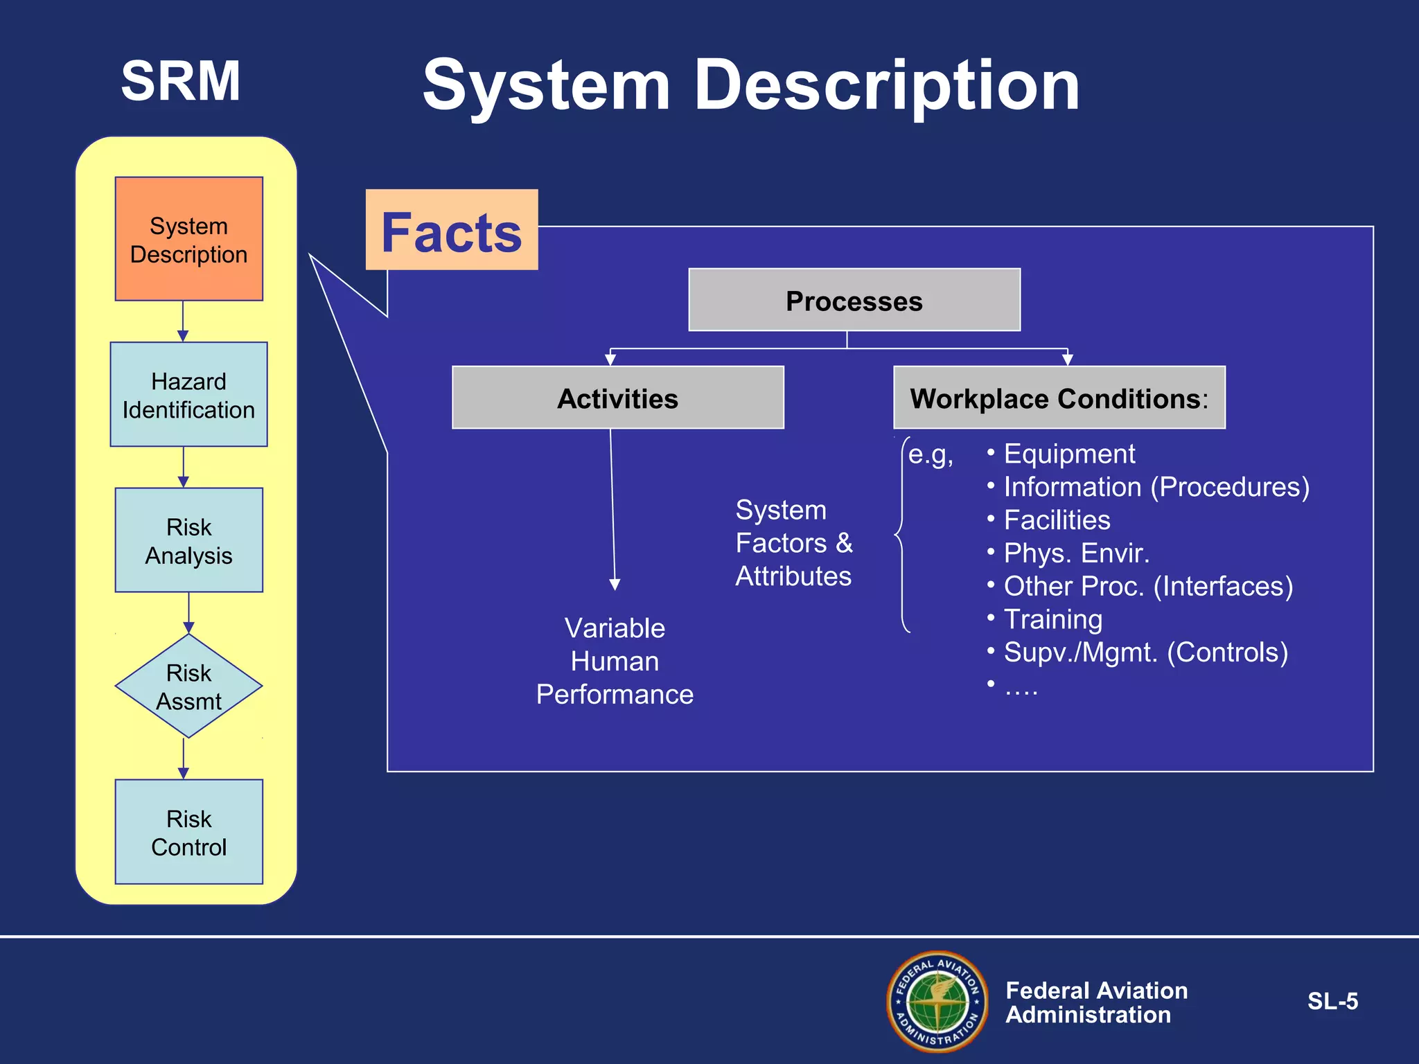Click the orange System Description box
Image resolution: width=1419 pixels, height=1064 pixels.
pyautogui.click(x=188, y=239)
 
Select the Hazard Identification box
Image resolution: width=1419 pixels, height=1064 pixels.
pyautogui.click(x=188, y=395)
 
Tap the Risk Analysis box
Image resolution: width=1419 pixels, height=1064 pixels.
pyautogui.click(x=188, y=540)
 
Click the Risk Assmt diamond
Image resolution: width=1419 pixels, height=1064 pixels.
pyautogui.click(x=188, y=686)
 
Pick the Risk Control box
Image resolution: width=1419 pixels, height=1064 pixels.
pyautogui.click(x=188, y=832)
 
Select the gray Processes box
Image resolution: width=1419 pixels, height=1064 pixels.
pyautogui.click(x=854, y=301)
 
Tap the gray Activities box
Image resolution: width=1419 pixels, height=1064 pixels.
pyautogui.click(x=617, y=398)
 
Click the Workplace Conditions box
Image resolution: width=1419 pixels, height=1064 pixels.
pyautogui.click(x=1059, y=398)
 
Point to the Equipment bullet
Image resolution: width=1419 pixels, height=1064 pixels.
pyautogui.click(x=1068, y=454)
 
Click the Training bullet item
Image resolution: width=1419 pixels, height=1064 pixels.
pyautogui.click(x=1052, y=619)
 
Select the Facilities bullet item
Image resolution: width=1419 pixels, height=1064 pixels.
pyautogui.click(x=1057, y=520)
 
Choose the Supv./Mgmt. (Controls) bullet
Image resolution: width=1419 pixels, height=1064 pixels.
pyautogui.click(x=1145, y=653)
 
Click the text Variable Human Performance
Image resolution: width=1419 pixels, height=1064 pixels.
pyautogui.click(x=615, y=661)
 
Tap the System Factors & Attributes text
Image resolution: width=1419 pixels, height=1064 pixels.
pyautogui.click(x=794, y=543)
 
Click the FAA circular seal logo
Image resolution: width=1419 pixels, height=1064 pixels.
pyautogui.click(x=937, y=1001)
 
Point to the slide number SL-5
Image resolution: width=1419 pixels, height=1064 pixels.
pyautogui.click(x=1332, y=1002)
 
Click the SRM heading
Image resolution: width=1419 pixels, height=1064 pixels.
pyautogui.click(x=181, y=81)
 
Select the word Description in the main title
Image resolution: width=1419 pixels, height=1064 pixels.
pyautogui.click(x=886, y=85)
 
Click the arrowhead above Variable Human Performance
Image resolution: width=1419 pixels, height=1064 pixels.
pyautogui.click(x=615, y=585)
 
